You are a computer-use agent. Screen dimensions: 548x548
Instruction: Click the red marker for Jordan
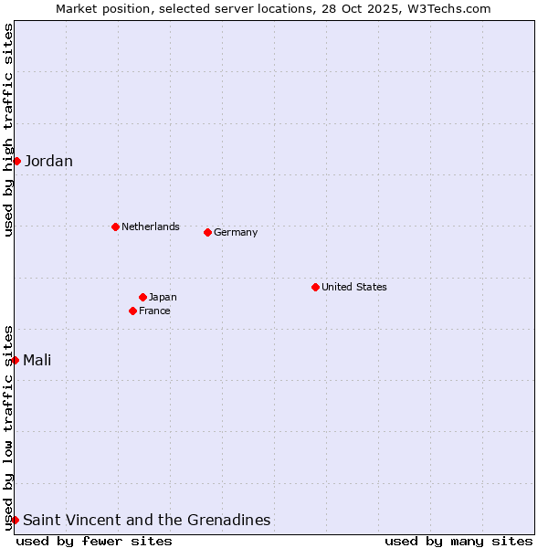(x=16, y=161)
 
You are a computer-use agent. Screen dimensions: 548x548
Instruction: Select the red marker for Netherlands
(x=115, y=227)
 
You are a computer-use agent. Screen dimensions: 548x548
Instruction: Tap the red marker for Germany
(x=207, y=232)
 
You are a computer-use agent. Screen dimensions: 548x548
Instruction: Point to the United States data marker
(x=315, y=287)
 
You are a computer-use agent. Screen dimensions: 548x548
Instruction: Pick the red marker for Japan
(x=142, y=297)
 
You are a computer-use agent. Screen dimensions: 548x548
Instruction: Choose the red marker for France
(x=132, y=311)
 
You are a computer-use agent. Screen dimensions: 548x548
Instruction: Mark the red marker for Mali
(x=16, y=360)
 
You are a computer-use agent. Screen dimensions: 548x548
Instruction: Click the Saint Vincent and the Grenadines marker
(x=16, y=520)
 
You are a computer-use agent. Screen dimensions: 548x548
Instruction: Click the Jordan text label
(x=48, y=162)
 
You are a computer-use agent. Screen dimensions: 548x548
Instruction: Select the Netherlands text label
(x=150, y=227)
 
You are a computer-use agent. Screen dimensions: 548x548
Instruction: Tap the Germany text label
(x=236, y=232)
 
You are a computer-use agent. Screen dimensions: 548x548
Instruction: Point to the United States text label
(x=353, y=287)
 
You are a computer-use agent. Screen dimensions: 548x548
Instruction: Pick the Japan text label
(x=163, y=297)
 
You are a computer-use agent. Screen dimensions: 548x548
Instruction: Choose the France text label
(x=154, y=311)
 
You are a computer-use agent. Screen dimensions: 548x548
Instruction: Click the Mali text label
(x=37, y=360)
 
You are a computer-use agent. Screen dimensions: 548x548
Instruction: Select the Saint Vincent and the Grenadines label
(x=146, y=520)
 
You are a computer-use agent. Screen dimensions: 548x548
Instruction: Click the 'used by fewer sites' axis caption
(x=94, y=541)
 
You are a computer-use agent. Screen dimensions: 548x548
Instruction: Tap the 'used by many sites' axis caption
(x=458, y=541)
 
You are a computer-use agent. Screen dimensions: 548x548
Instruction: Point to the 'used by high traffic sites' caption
(x=8, y=130)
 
